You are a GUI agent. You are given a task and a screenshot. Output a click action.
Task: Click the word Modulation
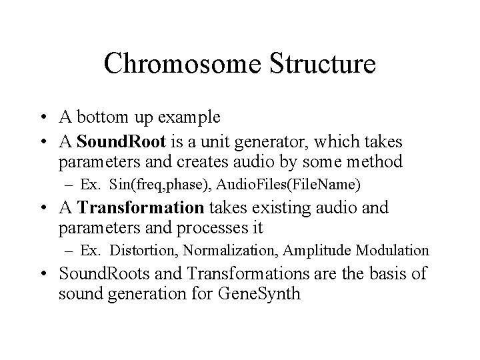(393, 251)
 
